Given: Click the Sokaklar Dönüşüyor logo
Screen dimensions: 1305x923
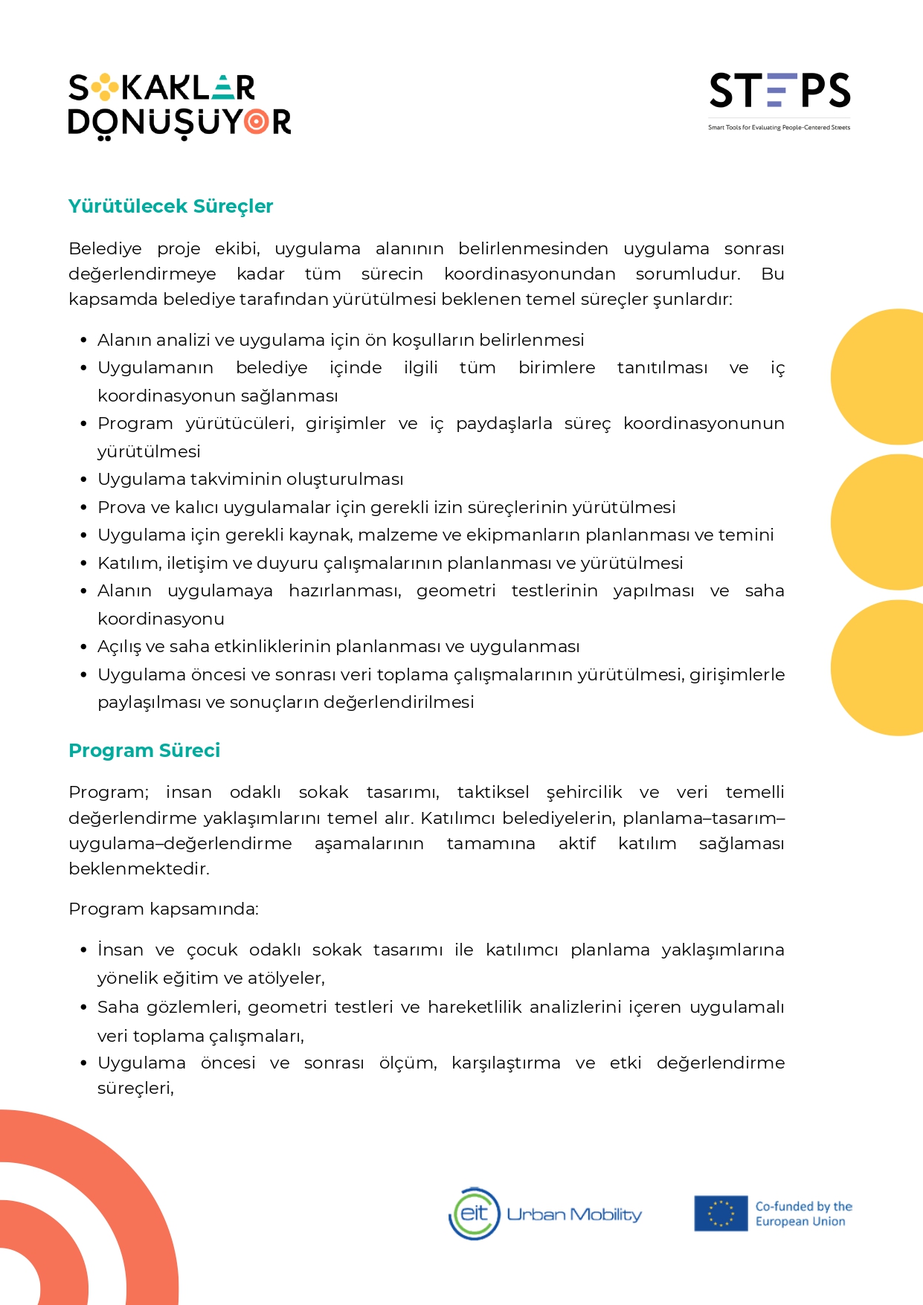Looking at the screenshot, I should click(x=179, y=106).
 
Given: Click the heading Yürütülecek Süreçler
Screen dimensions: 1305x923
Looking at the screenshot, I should click(x=170, y=206).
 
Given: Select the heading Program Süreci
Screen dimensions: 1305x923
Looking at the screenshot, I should click(x=144, y=750).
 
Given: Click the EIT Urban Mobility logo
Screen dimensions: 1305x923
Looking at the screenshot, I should click(x=545, y=1214).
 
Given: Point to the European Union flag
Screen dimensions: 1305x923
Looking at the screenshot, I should click(x=720, y=1214).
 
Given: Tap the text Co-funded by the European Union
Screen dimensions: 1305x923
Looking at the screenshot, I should click(x=803, y=1214).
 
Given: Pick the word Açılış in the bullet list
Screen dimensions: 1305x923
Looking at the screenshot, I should click(x=119, y=647).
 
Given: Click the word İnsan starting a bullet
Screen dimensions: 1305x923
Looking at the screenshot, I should click(x=120, y=950).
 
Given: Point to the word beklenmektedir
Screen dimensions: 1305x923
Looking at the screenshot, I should click(x=138, y=869).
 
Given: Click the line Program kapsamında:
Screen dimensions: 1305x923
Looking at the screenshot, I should click(x=164, y=909).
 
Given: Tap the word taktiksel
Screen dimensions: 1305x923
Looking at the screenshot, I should click(x=493, y=792).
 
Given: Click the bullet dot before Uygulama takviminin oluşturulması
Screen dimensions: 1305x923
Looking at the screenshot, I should click(x=84, y=480).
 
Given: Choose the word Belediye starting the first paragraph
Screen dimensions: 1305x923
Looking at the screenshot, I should click(x=105, y=248).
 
